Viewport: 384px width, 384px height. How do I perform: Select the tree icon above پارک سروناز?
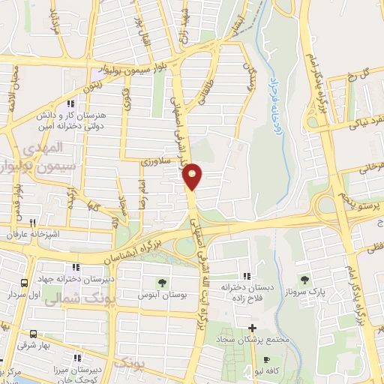(x=303, y=279)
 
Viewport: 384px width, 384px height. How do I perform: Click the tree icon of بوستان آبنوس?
(x=161, y=282)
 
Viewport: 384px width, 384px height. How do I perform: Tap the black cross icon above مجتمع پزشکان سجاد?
(x=253, y=328)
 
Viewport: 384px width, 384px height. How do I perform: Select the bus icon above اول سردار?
(x=24, y=283)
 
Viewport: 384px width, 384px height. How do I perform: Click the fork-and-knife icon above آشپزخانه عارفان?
(x=31, y=223)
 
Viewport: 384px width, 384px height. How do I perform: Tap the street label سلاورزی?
(x=157, y=160)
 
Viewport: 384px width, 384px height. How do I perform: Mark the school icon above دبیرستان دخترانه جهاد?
(x=75, y=268)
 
